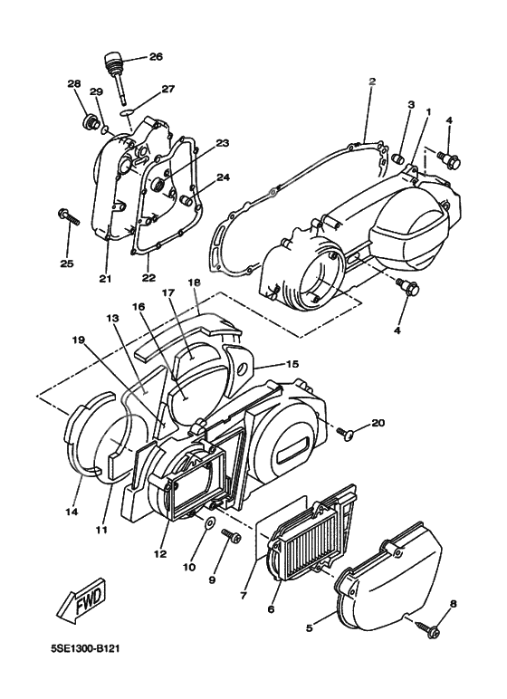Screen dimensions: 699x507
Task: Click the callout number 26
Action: tap(155, 57)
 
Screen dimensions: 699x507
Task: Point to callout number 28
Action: tap(74, 84)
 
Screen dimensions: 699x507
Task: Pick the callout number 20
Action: tap(378, 422)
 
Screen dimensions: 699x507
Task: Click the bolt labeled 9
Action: tap(231, 538)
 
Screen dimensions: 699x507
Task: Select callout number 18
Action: tap(194, 282)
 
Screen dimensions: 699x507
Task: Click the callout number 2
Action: tap(371, 81)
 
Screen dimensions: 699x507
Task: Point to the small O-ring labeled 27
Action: tap(129, 117)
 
